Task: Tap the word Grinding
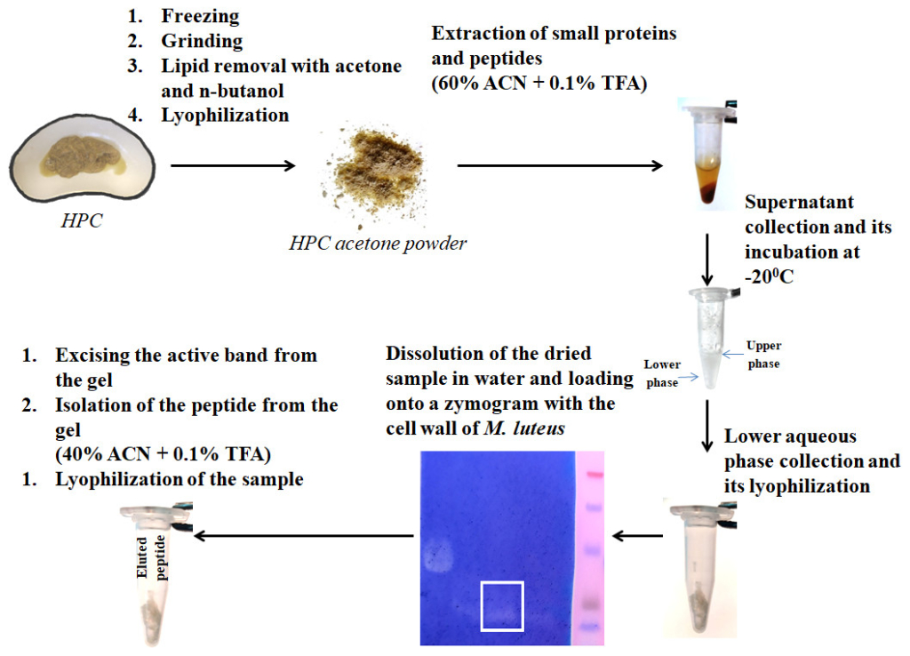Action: [x=202, y=41]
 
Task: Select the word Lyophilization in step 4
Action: [x=225, y=115]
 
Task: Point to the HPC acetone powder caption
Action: [x=379, y=243]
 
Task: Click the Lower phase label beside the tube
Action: [x=662, y=372]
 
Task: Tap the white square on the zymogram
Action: [x=502, y=605]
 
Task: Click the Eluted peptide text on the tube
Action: [x=151, y=556]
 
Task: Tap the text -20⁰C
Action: [x=770, y=276]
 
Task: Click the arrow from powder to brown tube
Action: [x=561, y=165]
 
